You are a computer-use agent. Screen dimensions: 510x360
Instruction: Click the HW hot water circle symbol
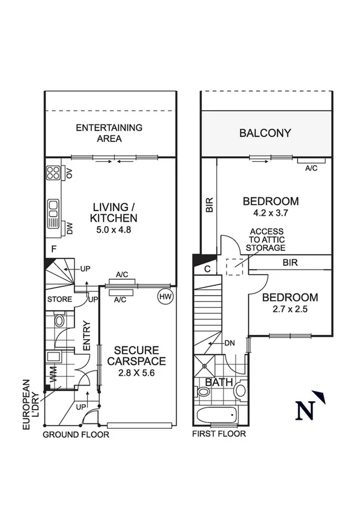click(165, 296)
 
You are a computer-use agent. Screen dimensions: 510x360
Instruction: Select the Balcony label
click(265, 134)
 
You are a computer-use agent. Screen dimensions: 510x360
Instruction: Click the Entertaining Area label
click(109, 133)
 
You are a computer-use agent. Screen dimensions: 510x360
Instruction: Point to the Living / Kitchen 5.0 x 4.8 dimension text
click(114, 229)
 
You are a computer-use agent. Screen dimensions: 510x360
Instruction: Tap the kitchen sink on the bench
click(53, 209)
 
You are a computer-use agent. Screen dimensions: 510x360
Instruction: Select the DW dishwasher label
click(70, 229)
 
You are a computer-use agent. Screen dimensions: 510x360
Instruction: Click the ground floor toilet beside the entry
click(59, 320)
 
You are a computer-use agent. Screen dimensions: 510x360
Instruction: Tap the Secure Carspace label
click(136, 355)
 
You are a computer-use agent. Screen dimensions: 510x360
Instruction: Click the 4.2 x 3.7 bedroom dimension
click(270, 213)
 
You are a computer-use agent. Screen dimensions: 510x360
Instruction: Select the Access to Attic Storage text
click(267, 239)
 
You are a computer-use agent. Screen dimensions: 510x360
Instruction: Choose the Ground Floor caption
click(76, 434)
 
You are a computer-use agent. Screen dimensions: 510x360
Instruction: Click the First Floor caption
click(219, 434)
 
